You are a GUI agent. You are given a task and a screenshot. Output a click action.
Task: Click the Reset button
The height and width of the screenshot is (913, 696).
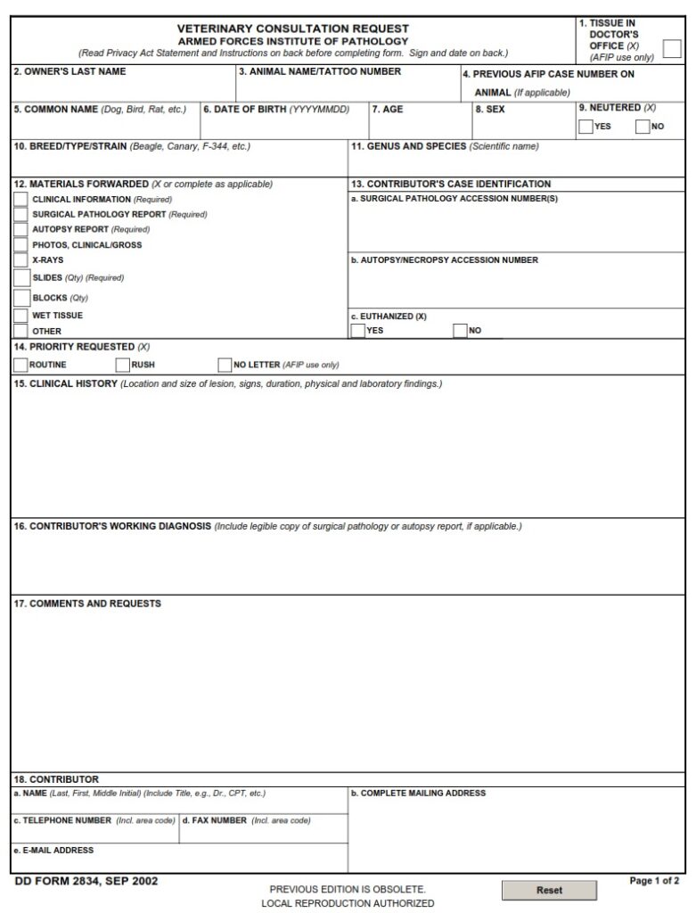tap(549, 890)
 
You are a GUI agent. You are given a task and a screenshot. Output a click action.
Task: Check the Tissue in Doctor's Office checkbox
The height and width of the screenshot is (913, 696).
tap(672, 49)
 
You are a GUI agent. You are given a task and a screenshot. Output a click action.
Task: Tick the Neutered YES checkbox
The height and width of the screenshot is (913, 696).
tap(585, 127)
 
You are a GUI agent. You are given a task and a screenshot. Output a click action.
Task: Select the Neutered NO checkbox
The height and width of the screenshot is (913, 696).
tap(643, 127)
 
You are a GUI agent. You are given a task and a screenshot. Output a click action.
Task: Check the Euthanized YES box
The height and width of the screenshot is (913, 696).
tap(358, 331)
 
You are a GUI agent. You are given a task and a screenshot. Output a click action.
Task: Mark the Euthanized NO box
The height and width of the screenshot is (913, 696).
tap(461, 331)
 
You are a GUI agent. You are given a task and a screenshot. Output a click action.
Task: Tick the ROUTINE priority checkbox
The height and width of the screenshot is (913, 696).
tap(20, 364)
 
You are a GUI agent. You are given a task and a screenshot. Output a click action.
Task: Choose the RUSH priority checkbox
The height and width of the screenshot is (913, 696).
tap(123, 364)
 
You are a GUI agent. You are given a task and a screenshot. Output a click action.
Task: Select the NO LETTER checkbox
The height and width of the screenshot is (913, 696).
tap(225, 364)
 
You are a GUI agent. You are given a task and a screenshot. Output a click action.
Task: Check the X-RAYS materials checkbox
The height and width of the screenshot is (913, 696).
tap(20, 260)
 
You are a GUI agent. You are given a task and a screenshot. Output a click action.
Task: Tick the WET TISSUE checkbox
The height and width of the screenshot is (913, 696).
tap(20, 316)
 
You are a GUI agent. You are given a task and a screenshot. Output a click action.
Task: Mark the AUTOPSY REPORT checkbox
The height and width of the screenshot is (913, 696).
tap(20, 229)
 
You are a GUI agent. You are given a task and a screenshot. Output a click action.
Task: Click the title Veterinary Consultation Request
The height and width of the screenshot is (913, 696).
tap(293, 29)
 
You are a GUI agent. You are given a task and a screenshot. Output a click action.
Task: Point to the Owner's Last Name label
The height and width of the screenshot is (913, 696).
tap(70, 71)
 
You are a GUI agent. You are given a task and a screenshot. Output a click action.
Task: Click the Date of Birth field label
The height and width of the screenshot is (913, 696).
tap(276, 110)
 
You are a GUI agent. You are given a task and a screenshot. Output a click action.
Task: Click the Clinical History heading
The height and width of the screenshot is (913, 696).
tap(66, 384)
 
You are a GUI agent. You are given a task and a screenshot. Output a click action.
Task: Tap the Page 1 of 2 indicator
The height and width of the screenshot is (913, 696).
tap(654, 881)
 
